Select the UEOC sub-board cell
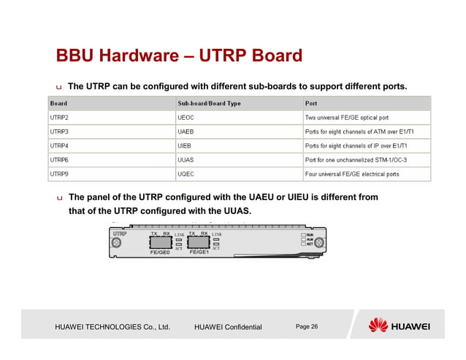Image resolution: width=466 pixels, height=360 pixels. [x=187, y=117]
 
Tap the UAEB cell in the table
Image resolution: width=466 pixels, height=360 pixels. [x=187, y=131]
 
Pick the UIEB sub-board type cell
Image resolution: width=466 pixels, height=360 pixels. [x=186, y=145]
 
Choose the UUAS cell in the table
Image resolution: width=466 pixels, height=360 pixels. [x=187, y=160]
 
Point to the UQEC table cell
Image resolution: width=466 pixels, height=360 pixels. [x=187, y=175]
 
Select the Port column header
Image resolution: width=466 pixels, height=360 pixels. [x=311, y=103]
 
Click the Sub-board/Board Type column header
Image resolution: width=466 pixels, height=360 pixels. [x=209, y=103]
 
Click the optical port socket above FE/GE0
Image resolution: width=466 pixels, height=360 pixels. [x=160, y=242]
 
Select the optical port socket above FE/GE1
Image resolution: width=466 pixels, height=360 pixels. [x=198, y=242]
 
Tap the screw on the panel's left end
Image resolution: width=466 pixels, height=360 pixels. [x=115, y=242]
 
